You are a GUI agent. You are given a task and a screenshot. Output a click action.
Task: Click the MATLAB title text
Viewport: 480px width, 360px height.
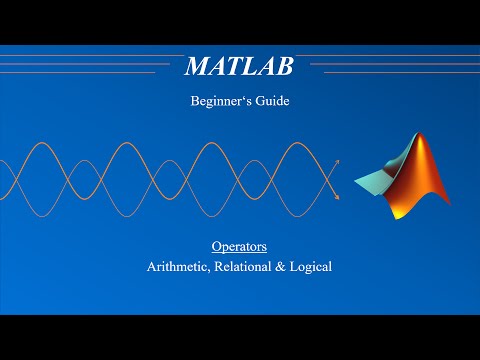click(x=238, y=67)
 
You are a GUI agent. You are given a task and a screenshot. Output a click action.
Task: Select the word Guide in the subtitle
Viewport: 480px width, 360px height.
click(x=269, y=100)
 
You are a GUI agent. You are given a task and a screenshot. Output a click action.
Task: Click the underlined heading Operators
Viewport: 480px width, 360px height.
click(x=238, y=246)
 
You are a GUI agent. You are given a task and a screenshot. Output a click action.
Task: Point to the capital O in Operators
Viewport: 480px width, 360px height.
click(x=216, y=246)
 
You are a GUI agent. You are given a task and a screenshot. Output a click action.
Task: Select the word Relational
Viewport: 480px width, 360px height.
click(x=246, y=267)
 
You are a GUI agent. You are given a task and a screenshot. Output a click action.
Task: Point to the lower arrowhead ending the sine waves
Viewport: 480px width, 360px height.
click(x=337, y=197)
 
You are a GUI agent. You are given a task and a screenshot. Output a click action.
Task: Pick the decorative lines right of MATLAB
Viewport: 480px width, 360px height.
click(x=390, y=65)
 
